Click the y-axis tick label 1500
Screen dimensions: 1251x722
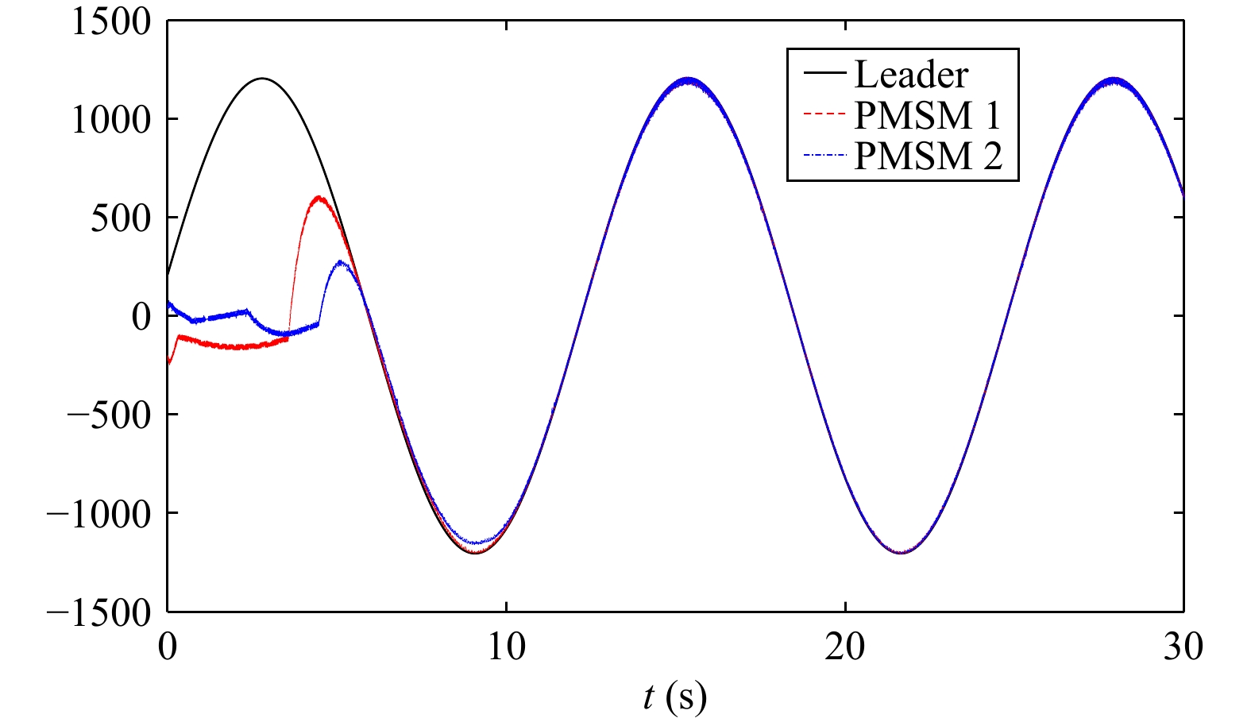(112, 24)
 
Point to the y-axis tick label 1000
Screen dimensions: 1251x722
(112, 120)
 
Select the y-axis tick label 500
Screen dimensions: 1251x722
(122, 218)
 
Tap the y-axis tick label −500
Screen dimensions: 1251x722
(109, 415)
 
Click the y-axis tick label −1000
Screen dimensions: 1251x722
(98, 514)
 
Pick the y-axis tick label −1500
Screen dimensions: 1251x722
(98, 613)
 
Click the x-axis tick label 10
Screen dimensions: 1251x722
(507, 647)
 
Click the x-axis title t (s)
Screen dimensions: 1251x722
(675, 697)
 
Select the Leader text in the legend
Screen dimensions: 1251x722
(912, 75)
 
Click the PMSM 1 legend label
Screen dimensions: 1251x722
(927, 116)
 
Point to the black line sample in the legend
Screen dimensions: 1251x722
(825, 72)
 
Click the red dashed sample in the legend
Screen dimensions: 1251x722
(825, 114)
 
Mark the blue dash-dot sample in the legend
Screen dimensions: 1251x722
(825, 154)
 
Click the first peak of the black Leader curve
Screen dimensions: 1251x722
(262, 78)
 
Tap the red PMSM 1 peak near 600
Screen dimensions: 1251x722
(319, 197)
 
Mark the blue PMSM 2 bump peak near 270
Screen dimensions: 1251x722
(341, 262)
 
